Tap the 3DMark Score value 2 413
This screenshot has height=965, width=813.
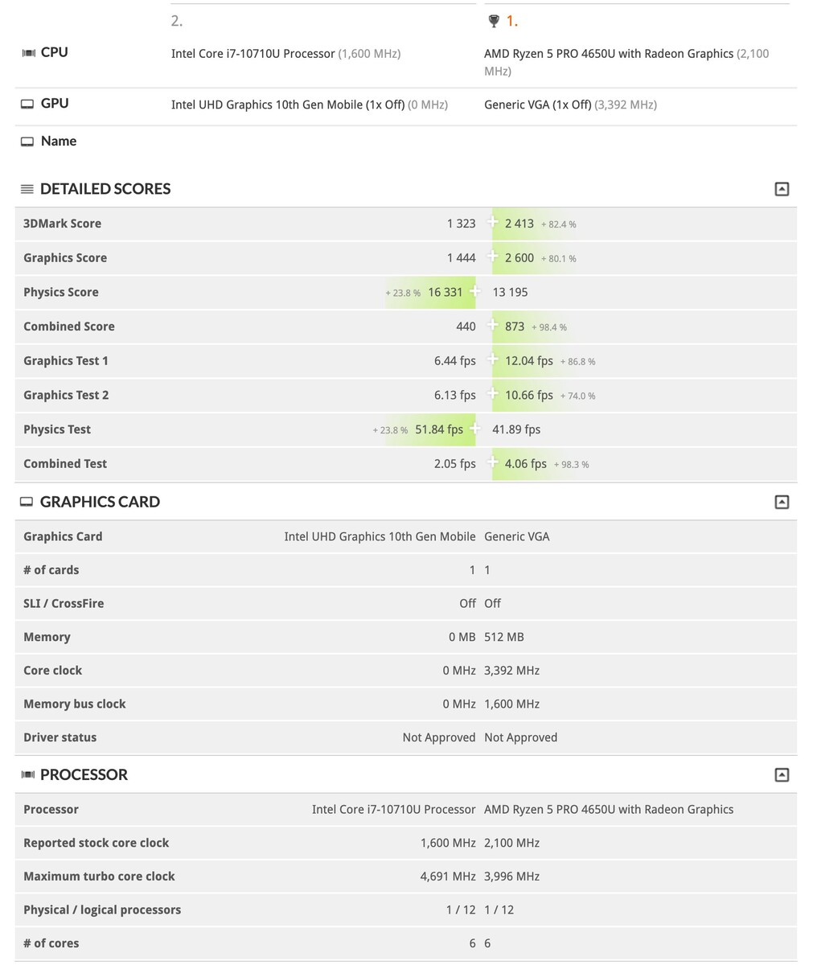(x=519, y=224)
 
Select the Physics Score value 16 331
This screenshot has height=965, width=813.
(x=445, y=292)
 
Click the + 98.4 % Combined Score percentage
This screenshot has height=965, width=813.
(x=549, y=327)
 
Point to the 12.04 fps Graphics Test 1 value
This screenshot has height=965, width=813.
(x=528, y=361)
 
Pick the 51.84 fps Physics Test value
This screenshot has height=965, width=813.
(x=438, y=429)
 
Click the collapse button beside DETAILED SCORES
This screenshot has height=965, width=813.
(x=781, y=189)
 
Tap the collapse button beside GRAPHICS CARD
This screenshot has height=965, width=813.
(x=781, y=502)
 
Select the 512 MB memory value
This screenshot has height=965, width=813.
(x=503, y=637)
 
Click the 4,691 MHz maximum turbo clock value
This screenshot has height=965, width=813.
(x=447, y=877)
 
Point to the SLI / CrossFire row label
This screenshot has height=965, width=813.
(x=64, y=603)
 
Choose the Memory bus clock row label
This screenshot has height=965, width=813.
(x=74, y=704)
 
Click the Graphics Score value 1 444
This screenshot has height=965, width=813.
(x=461, y=258)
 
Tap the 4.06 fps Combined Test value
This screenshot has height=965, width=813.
(x=525, y=464)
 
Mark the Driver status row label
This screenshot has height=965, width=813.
(x=60, y=737)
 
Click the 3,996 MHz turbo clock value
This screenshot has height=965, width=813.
(x=511, y=877)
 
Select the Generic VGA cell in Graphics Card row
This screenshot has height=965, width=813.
(x=516, y=536)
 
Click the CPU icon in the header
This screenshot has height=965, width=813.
(x=28, y=53)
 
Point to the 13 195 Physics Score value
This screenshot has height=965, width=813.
(x=510, y=292)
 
